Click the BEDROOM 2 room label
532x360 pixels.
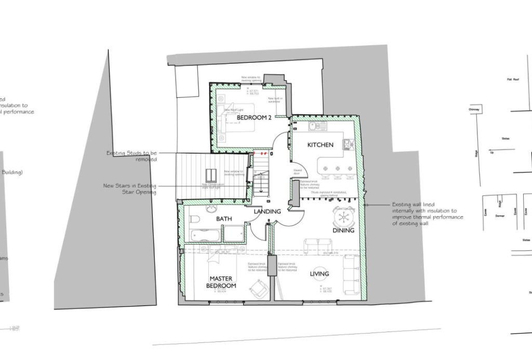pos(254,118)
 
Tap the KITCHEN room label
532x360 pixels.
pos(320,145)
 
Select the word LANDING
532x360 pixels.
pos(267,211)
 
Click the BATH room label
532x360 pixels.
pos(224,219)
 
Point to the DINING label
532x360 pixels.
pos(343,230)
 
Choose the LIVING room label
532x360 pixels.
pos(320,274)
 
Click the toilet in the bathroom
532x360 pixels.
pos(195,220)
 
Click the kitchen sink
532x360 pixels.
pos(313,126)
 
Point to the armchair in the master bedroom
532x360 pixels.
pos(258,289)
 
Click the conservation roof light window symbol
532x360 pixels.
pos(211,175)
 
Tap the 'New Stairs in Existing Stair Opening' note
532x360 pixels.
pos(129,189)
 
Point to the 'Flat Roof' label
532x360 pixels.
pos(513,79)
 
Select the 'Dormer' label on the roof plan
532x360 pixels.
pos(500,215)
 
